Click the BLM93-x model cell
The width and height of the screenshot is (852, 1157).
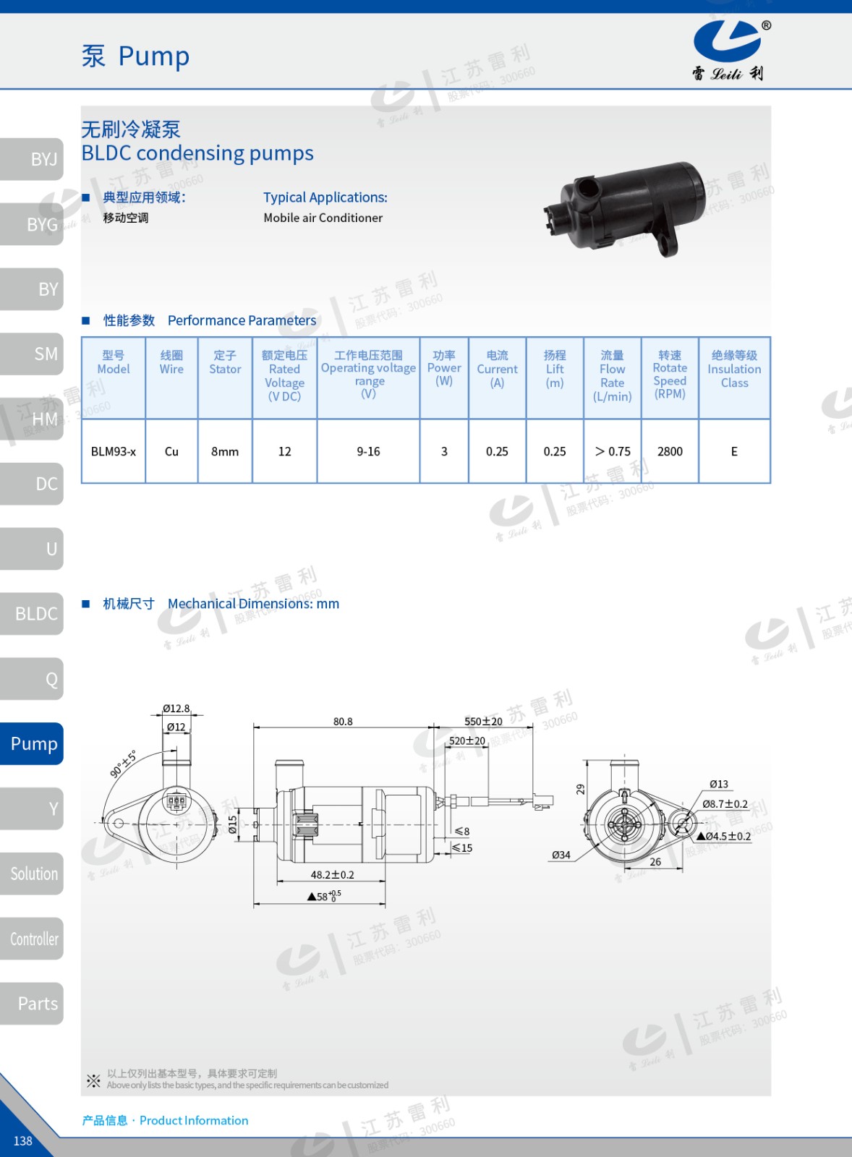point(113,451)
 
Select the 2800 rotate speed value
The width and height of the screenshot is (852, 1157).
point(670,451)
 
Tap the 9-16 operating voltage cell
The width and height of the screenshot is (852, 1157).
point(368,451)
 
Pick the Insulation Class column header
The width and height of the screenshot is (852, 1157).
point(734,369)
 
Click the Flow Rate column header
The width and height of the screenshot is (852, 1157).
point(613,375)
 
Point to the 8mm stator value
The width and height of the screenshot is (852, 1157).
point(225,451)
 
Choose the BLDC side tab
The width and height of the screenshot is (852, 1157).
point(32,614)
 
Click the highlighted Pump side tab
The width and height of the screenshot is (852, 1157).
point(32,744)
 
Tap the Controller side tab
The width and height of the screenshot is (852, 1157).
point(32,939)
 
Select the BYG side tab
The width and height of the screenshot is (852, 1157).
point(32,224)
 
